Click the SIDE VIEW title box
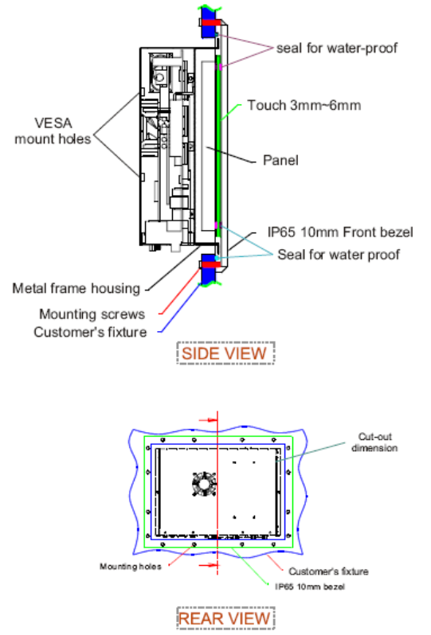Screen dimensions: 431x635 225,353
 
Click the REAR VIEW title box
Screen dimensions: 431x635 225,618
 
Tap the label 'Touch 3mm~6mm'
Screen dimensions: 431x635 304,105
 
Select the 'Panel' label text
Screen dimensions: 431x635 280,161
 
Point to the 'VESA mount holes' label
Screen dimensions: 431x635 53,131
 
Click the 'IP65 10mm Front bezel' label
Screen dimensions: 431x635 340,232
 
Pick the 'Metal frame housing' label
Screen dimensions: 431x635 76,288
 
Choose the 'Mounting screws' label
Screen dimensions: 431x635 92,314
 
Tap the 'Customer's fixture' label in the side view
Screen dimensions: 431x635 90,332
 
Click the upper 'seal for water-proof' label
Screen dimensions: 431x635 336,48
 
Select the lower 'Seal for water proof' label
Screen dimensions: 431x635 339,255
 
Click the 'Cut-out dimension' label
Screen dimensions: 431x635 374,442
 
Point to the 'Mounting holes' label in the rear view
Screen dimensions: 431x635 131,566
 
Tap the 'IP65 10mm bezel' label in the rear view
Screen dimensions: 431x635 310,586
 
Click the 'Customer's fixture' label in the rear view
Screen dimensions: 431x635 328,571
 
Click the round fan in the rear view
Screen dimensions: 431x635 204,484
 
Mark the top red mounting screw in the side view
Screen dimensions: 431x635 210,22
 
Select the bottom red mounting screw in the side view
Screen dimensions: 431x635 210,264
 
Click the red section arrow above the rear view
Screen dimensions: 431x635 209,420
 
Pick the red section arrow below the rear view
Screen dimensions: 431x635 209,564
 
